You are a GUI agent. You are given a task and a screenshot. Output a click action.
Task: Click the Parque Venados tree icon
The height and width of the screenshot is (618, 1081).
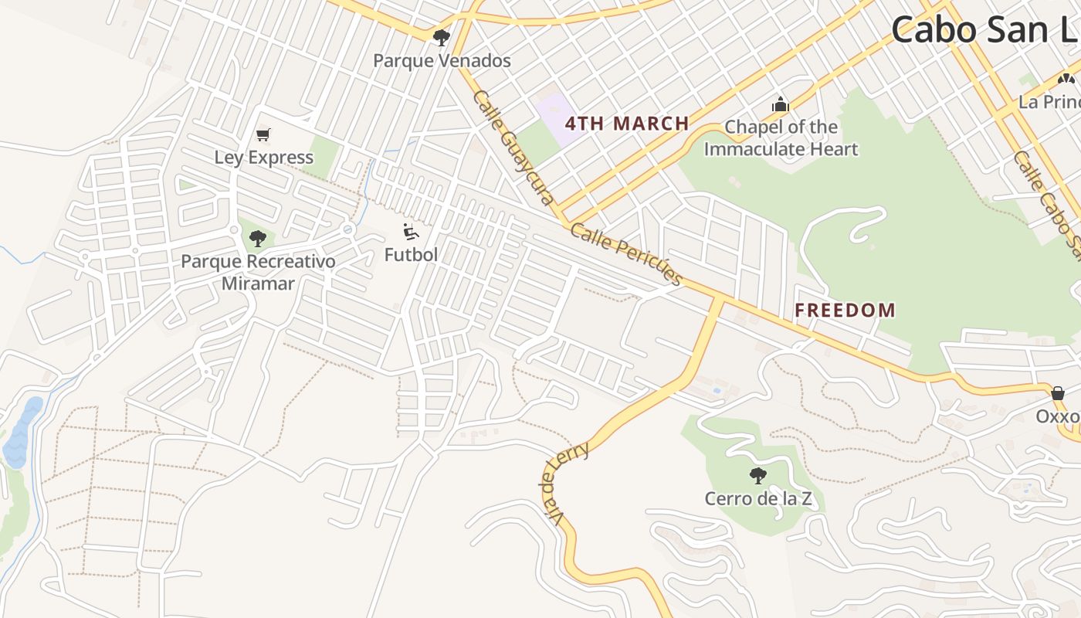click(x=441, y=37)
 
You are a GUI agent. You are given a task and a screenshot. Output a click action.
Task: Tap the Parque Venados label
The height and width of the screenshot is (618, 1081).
click(x=442, y=60)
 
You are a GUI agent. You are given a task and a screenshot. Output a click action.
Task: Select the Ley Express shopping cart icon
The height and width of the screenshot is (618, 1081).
click(x=263, y=135)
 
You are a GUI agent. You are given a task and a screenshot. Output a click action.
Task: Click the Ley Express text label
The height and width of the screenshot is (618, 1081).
click(x=264, y=158)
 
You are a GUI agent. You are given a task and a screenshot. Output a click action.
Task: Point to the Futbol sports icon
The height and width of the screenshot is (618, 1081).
click(x=411, y=232)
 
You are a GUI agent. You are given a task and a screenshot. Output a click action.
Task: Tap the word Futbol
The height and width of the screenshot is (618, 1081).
click(x=411, y=254)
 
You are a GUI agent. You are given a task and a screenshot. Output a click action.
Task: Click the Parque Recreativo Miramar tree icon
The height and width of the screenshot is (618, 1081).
click(x=258, y=239)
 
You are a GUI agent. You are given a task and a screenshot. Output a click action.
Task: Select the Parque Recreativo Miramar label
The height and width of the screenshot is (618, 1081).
click(x=258, y=272)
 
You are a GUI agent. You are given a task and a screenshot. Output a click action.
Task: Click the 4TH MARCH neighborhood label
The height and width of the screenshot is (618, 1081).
click(x=627, y=124)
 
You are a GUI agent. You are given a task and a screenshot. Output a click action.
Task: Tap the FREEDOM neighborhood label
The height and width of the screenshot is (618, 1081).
click(x=845, y=311)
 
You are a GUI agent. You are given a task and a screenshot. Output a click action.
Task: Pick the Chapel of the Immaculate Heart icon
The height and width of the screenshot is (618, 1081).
click(x=781, y=104)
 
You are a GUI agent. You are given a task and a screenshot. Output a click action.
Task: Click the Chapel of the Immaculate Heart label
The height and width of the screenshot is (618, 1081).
click(x=781, y=138)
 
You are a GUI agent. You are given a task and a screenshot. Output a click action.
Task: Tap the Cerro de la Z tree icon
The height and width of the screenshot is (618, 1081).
click(x=758, y=476)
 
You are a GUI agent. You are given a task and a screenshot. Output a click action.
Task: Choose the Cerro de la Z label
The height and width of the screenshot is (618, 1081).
click(x=758, y=498)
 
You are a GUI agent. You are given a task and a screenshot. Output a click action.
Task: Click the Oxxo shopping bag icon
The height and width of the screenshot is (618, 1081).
click(x=1058, y=393)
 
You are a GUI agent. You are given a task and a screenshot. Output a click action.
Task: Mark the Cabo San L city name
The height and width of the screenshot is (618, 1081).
click(x=985, y=31)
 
